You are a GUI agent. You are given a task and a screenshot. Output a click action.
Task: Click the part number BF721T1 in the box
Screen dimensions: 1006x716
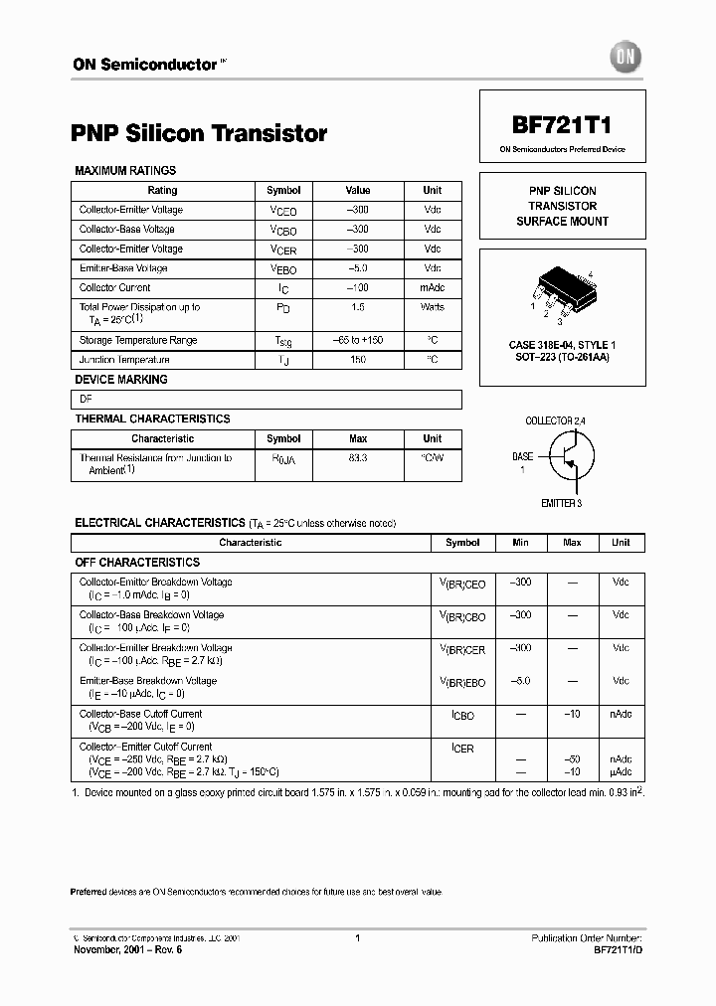click(562, 126)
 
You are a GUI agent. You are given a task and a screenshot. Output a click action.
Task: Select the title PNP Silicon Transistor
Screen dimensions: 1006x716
click(199, 133)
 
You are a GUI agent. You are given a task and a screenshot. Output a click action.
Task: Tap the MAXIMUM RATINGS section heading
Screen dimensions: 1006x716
click(125, 171)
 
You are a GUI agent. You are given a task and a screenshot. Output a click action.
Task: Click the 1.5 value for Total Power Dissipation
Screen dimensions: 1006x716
click(358, 308)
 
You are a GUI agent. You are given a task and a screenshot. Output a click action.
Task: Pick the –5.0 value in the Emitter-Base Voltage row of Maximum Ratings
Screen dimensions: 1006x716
click(358, 268)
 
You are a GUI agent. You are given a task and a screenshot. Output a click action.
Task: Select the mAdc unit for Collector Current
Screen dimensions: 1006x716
click(433, 288)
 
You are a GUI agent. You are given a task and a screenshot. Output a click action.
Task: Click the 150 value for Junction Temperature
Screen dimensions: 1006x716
click(358, 360)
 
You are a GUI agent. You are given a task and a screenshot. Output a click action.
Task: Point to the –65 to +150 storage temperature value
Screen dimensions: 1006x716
click(358, 340)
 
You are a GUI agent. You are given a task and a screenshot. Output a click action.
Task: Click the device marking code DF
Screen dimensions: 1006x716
click(86, 400)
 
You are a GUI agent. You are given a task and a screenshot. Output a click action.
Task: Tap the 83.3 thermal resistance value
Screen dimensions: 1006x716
click(358, 458)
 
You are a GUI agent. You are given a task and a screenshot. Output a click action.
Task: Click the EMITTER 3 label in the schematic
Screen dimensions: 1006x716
click(562, 504)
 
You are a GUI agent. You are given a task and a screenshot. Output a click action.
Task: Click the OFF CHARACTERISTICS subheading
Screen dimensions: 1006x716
click(138, 563)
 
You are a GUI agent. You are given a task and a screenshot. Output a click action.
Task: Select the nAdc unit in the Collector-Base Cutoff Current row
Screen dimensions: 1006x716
click(621, 714)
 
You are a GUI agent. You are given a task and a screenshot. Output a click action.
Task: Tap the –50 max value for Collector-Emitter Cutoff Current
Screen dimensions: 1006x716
click(572, 759)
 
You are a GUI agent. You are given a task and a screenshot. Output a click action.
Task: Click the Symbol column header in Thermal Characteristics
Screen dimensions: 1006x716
click(283, 438)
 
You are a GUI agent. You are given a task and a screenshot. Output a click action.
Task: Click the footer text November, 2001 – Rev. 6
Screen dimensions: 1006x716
click(128, 949)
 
